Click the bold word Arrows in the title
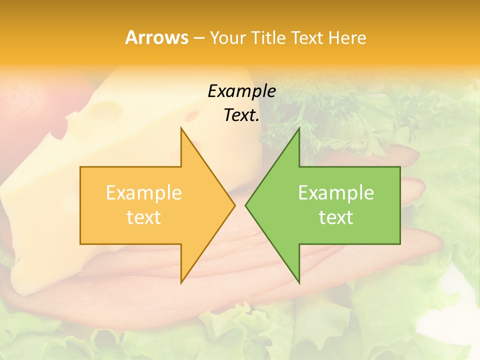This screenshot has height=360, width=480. pyautogui.click(x=156, y=37)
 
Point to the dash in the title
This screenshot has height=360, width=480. pyautogui.click(x=198, y=38)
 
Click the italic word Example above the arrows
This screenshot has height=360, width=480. pyautogui.click(x=241, y=91)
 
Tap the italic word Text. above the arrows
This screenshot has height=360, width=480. pyautogui.click(x=241, y=115)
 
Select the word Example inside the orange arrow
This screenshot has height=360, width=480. pyautogui.click(x=143, y=193)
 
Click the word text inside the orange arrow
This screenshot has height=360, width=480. pyautogui.click(x=143, y=217)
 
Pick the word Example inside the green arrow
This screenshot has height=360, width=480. pyautogui.click(x=336, y=193)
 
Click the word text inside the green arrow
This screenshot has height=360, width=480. pyautogui.click(x=336, y=217)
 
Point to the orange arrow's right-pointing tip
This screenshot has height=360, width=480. pyautogui.click(x=234, y=205)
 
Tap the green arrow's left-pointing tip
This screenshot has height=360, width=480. pyautogui.click(x=246, y=205)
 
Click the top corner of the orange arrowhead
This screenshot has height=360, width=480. pyautogui.click(x=181, y=128)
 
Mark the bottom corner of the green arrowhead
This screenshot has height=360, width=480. pyautogui.click(x=299, y=282)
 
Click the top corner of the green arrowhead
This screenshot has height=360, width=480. pyautogui.click(x=299, y=128)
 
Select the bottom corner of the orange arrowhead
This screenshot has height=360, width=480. pyautogui.click(x=181, y=282)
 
